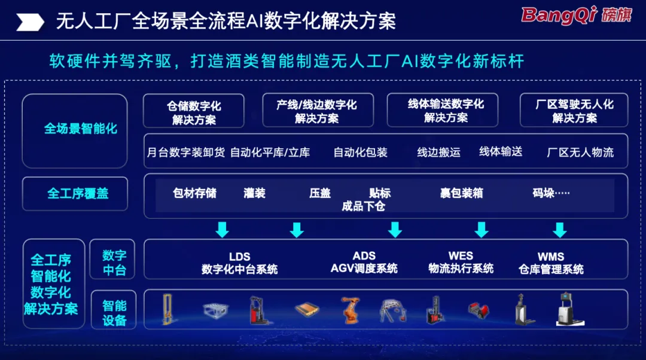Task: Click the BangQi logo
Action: click(x=577, y=15)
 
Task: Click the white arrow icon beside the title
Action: click(x=30, y=22)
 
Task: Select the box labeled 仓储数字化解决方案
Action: click(x=194, y=111)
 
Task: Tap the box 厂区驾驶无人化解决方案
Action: click(x=574, y=110)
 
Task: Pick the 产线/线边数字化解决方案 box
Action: click(x=318, y=110)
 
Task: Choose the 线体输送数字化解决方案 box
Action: click(x=443, y=110)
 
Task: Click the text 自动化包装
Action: click(x=361, y=152)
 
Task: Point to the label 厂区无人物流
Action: click(x=580, y=152)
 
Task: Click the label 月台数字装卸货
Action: click(x=186, y=152)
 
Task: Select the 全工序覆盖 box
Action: click(x=75, y=194)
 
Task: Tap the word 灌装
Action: click(x=254, y=193)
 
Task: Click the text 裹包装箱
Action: click(x=461, y=193)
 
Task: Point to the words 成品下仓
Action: click(x=363, y=206)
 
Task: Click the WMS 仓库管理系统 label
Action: click(x=551, y=263)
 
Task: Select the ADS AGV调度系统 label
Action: click(x=364, y=262)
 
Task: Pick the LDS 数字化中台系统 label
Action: click(x=239, y=263)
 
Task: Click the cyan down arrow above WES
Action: click(x=481, y=230)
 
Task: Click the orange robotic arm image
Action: click(x=350, y=310)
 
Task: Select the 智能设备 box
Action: click(x=113, y=310)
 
